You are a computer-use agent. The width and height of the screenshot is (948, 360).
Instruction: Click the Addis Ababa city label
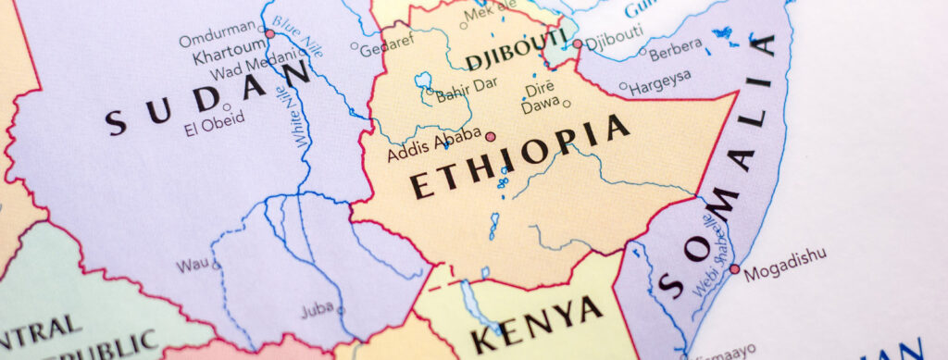tap(433, 143)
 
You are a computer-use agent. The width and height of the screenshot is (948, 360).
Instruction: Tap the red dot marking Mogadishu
tap(734, 269)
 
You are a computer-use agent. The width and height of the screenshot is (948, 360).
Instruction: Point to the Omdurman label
tap(215, 40)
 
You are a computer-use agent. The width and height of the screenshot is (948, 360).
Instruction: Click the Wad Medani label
tap(245, 74)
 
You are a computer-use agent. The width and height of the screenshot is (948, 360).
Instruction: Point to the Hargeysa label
tap(661, 88)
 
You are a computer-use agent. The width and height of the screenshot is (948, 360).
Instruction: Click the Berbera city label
tap(675, 54)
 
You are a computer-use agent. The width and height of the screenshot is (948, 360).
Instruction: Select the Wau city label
tap(193, 265)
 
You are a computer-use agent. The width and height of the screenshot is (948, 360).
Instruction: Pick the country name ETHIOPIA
tap(519, 155)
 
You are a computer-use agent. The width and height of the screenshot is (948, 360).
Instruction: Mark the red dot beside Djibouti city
tap(577, 43)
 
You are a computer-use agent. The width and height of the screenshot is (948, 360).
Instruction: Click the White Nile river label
tap(298, 116)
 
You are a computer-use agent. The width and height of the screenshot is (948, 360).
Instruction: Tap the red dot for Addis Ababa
tap(491, 136)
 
